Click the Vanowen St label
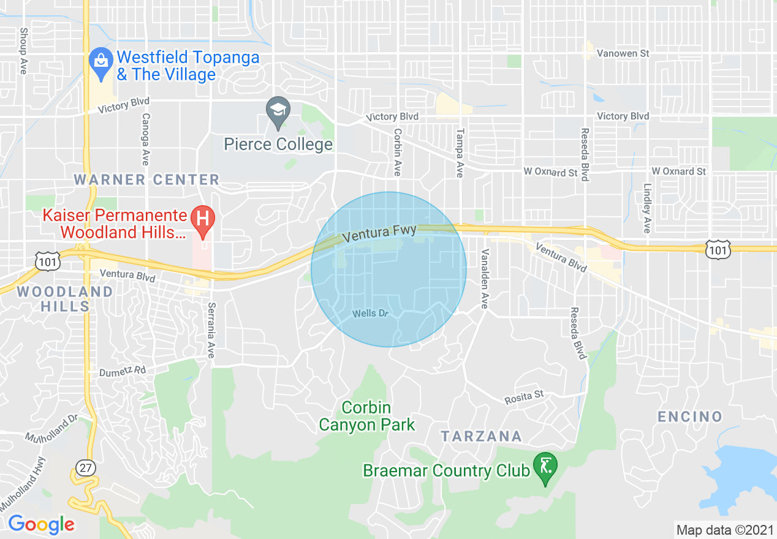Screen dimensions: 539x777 pos(623,54)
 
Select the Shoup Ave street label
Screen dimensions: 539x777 pos(23,51)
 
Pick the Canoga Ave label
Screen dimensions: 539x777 pos(145,139)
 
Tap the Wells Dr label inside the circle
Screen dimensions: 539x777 pos(371,314)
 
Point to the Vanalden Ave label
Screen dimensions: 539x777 pos(484,279)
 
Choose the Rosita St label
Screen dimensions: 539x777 pos(524,397)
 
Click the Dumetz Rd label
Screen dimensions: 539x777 pos(123,371)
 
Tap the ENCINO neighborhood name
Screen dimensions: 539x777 pos(690,417)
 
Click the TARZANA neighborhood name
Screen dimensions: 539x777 pos(481,437)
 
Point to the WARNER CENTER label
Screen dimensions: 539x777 pos(146,179)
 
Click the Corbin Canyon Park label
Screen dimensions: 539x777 pos(366,416)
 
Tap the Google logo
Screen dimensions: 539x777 pos(41,524)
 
